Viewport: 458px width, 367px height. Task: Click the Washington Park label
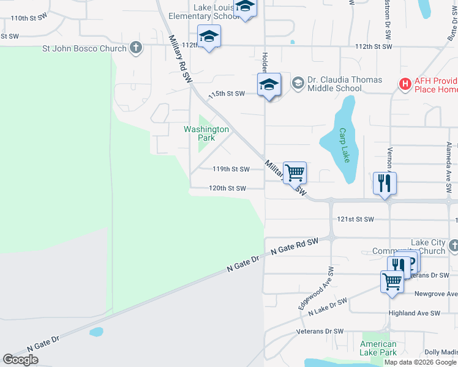[x=206, y=133]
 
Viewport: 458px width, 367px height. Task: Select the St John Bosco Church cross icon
[x=136, y=48]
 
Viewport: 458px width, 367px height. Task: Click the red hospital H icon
[x=405, y=84]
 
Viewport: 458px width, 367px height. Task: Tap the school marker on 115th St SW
[x=268, y=84]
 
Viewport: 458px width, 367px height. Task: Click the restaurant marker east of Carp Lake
[x=385, y=183]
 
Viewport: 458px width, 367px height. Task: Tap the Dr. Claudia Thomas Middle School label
[x=344, y=84]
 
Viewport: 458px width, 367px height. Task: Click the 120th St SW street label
[x=227, y=188]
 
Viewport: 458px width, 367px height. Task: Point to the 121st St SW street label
[x=355, y=218]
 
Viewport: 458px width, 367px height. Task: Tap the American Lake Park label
[x=378, y=348]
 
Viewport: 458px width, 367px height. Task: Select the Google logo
[x=21, y=360]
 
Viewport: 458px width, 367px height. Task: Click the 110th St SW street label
[x=29, y=18]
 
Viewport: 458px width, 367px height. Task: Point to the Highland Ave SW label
[x=415, y=313]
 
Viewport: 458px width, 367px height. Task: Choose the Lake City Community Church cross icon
[x=453, y=246]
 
